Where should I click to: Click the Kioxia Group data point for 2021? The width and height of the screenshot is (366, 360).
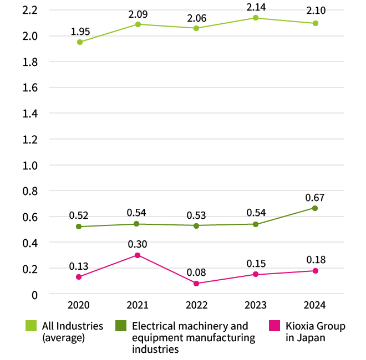(x=138, y=255)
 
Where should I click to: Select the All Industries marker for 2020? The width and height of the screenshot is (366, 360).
(x=80, y=42)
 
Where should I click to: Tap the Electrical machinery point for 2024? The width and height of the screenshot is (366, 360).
(x=315, y=208)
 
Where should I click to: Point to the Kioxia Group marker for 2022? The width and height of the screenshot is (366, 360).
(x=196, y=284)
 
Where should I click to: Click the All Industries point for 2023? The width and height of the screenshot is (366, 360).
(x=256, y=18)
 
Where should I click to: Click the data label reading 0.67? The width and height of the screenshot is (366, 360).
(x=315, y=197)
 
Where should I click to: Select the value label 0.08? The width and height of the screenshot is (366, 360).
(x=196, y=271)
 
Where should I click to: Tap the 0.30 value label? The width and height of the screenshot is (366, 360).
(x=138, y=244)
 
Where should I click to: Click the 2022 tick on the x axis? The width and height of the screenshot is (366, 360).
(x=196, y=305)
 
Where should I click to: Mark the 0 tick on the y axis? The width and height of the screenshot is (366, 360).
(x=34, y=295)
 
